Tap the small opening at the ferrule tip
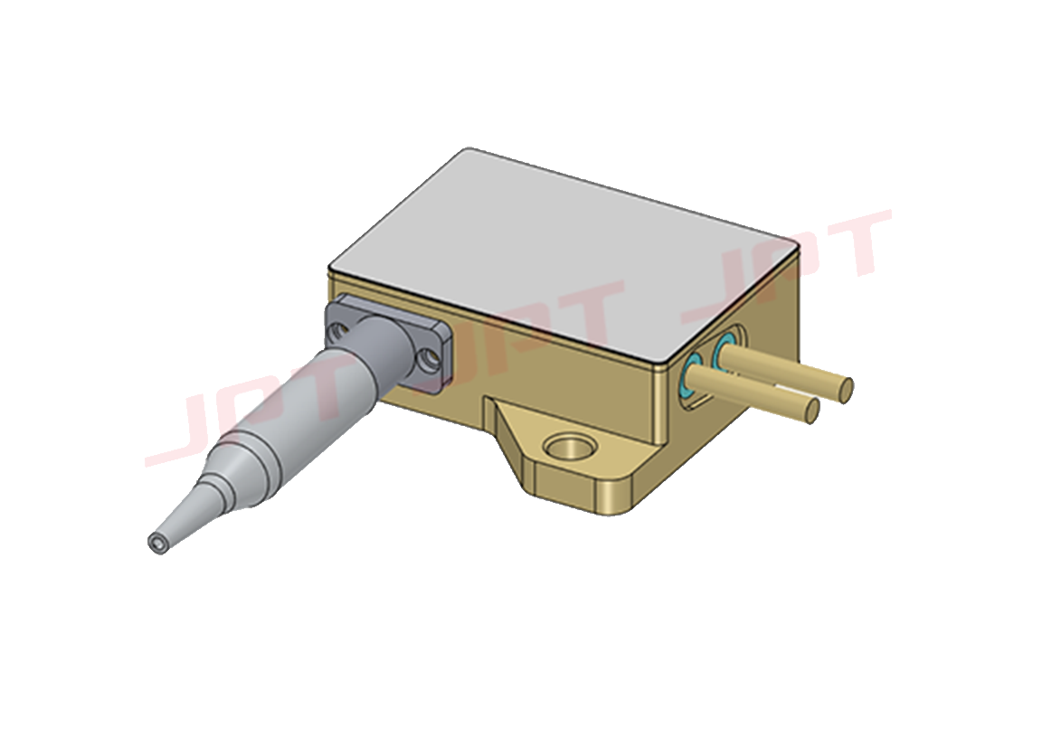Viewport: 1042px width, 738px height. click(158, 544)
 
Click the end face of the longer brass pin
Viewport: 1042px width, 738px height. click(846, 390)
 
